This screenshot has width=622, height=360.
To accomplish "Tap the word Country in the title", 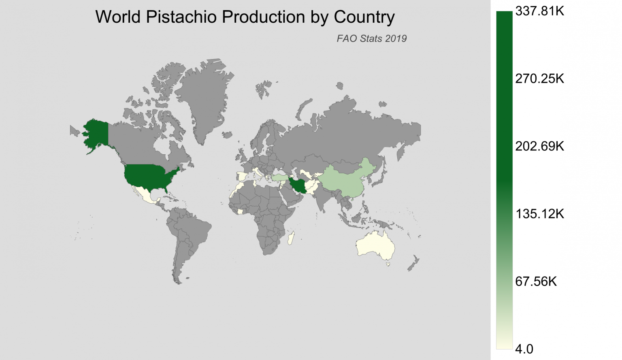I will click(364, 17).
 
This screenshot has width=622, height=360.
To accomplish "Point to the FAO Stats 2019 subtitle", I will click(371, 38).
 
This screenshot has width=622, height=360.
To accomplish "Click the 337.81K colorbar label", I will click(539, 11).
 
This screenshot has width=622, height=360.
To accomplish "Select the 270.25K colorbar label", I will click(539, 79).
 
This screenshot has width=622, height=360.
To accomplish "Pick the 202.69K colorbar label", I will click(539, 146).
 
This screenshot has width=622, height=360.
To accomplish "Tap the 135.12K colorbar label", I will click(539, 214).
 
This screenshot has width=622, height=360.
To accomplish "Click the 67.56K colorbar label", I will click(536, 281).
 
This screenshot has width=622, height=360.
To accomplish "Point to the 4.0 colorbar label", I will click(524, 349).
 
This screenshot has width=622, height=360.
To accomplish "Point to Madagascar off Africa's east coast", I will click(290, 239).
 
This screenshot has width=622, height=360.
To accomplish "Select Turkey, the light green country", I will click(279, 177).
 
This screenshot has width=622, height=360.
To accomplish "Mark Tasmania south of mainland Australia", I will click(388, 264).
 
